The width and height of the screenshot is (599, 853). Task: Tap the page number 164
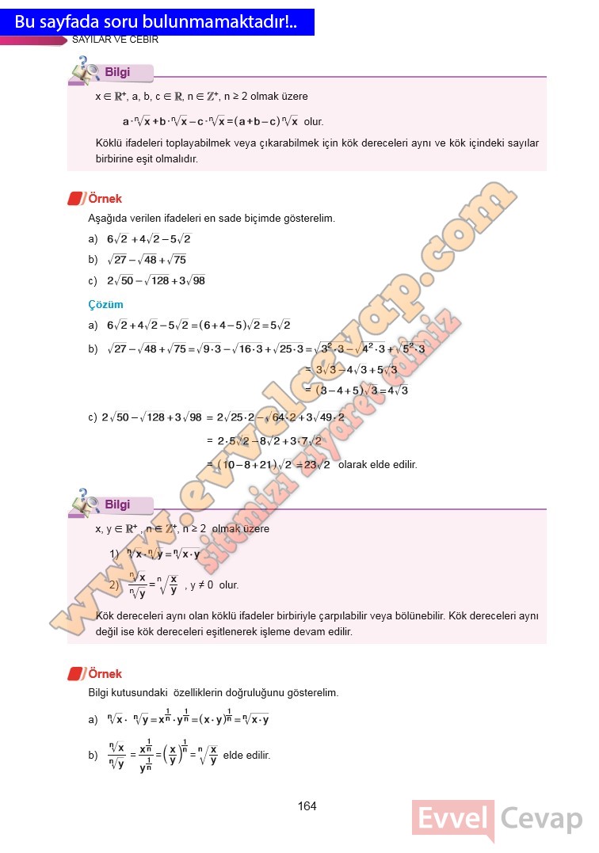click(307, 806)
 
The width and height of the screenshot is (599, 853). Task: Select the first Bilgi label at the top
click(117, 73)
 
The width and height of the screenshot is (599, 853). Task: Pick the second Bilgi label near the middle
click(117, 505)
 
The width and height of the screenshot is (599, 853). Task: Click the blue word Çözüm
click(105, 304)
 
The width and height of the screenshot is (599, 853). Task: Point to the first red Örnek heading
click(105, 199)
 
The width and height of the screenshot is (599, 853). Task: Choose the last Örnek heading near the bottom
click(105, 674)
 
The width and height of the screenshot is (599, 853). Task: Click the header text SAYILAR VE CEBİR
click(116, 40)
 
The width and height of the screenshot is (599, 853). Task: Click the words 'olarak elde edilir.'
click(378, 465)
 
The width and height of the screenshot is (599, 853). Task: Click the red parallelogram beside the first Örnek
click(76, 199)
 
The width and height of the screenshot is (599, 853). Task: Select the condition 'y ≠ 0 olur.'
click(212, 585)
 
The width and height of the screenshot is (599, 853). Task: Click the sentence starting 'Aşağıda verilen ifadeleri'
click(212, 218)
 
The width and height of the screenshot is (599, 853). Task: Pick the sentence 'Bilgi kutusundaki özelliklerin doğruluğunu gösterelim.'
click(213, 693)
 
